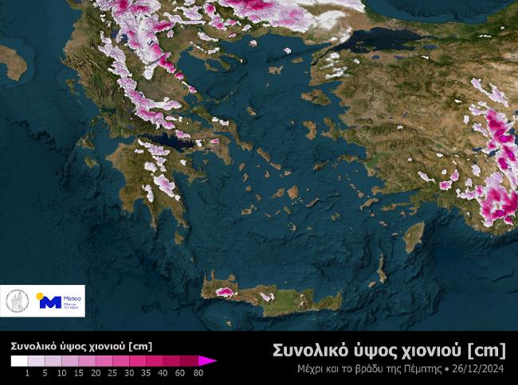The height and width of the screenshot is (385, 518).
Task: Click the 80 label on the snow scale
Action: click(198, 372)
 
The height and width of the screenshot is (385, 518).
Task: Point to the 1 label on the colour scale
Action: click(27, 372)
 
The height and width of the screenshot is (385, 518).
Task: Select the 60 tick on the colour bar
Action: click(180, 372)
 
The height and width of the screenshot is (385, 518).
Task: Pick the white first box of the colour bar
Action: click(18, 361)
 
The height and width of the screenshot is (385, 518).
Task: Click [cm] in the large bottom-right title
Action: click(487, 350)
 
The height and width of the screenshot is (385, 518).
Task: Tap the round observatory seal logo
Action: click(18, 301)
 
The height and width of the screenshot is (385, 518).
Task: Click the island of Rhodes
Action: click(414, 236)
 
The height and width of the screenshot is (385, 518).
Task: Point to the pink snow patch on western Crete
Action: click(224, 292)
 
